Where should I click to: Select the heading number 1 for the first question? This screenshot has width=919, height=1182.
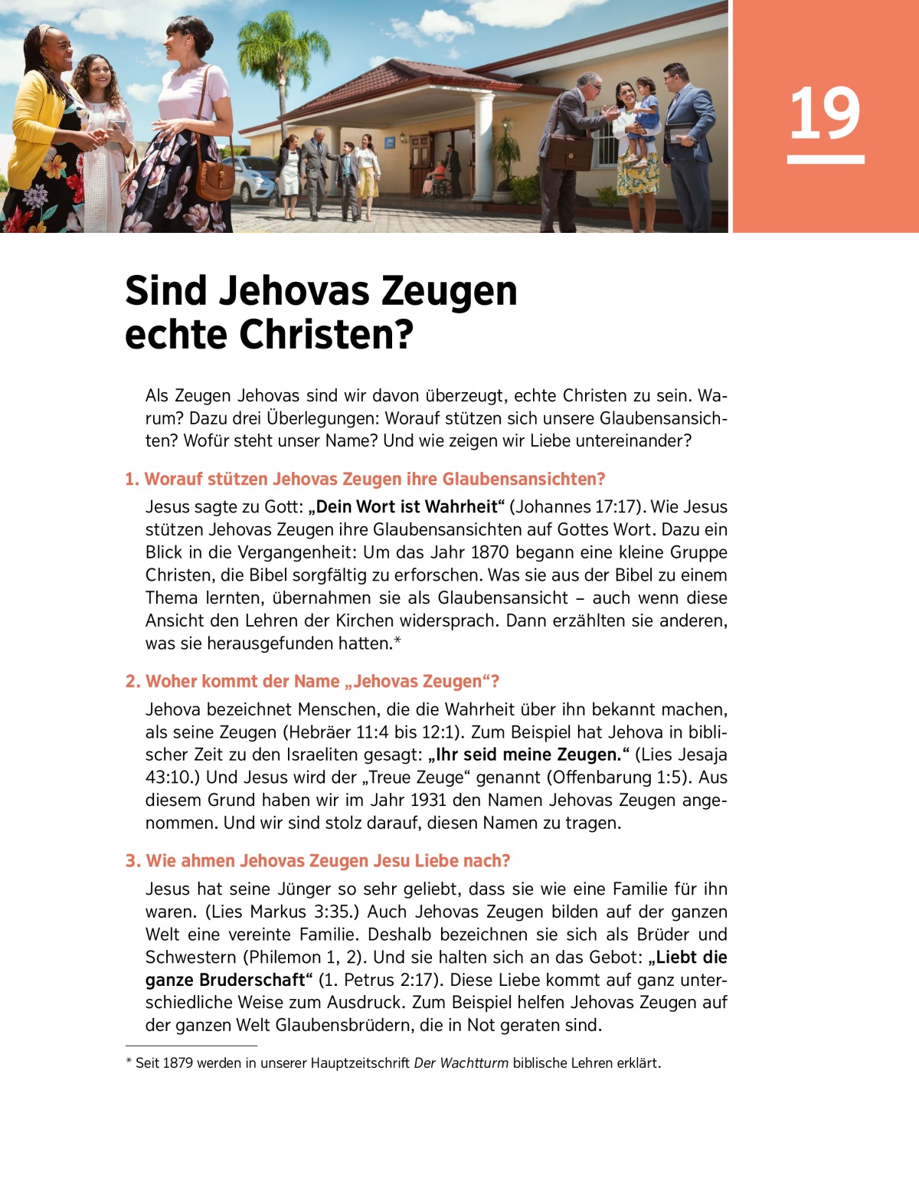(132, 480)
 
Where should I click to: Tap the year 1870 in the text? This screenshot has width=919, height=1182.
(490, 552)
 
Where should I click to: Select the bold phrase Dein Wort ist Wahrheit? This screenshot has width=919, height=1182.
(407, 507)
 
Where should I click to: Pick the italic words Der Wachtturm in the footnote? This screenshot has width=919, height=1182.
(460, 1063)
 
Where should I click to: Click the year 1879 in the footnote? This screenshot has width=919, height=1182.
(178, 1063)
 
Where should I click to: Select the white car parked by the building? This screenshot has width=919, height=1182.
(253, 178)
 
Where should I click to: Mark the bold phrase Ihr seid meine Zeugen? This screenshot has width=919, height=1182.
(529, 755)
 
